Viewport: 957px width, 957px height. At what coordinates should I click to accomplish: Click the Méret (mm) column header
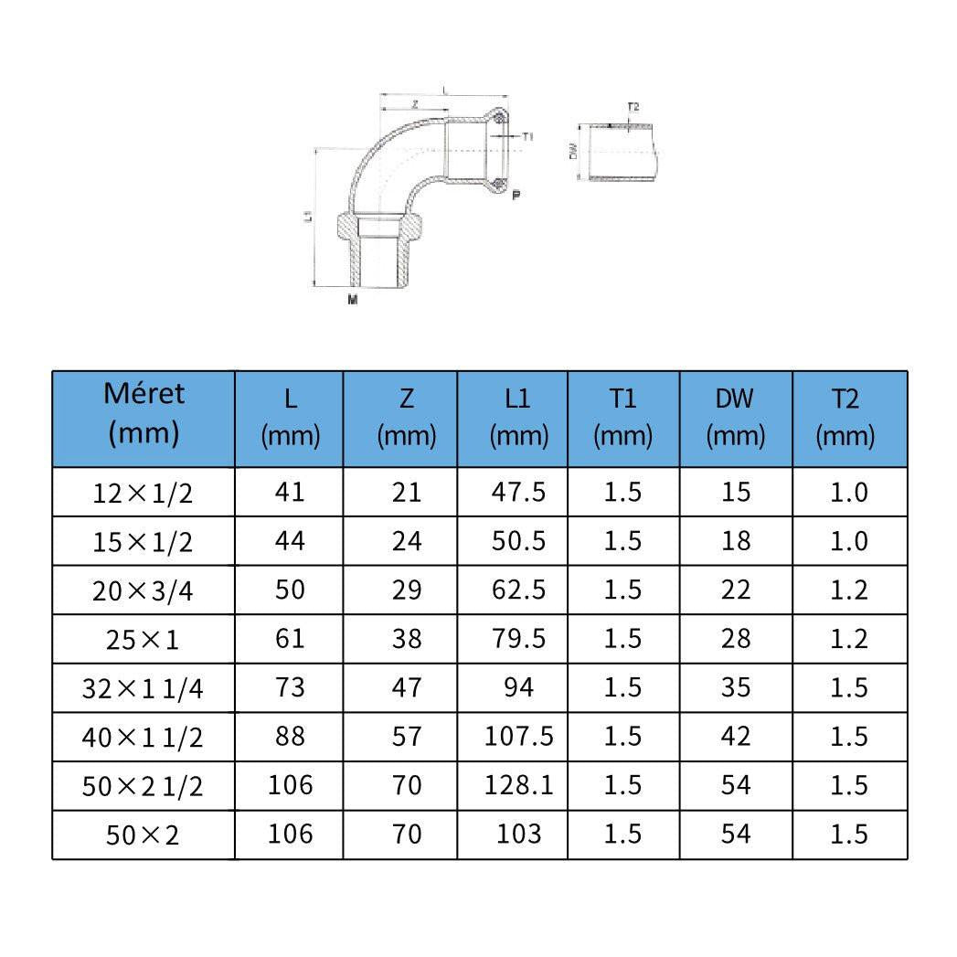tap(144, 414)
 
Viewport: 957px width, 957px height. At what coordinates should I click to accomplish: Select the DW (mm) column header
tap(735, 417)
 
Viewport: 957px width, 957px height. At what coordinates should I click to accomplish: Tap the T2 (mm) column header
tap(845, 417)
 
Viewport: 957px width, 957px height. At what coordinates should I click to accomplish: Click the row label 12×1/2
tap(143, 493)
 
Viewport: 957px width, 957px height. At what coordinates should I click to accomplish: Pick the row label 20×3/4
tap(143, 590)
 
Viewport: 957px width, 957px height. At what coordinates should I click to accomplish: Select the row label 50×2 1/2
tap(143, 785)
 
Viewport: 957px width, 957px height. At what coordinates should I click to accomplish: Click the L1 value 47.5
tap(518, 492)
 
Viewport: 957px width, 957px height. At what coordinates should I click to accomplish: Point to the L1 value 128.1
tap(518, 785)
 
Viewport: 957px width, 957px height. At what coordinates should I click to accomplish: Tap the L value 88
tap(290, 736)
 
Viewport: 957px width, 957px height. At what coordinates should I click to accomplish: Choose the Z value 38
tap(407, 638)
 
